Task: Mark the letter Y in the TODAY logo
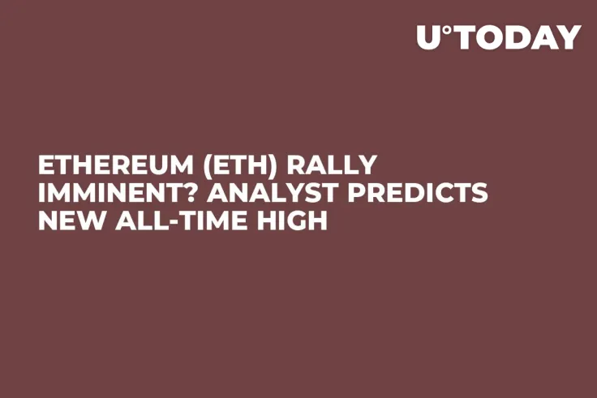tap(571, 37)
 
